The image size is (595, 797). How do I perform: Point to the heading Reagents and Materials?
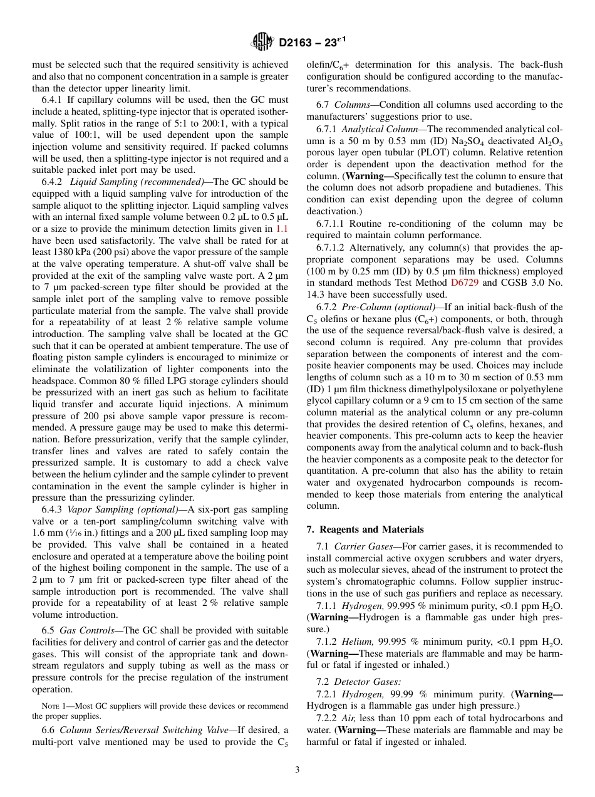click(x=365, y=529)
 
